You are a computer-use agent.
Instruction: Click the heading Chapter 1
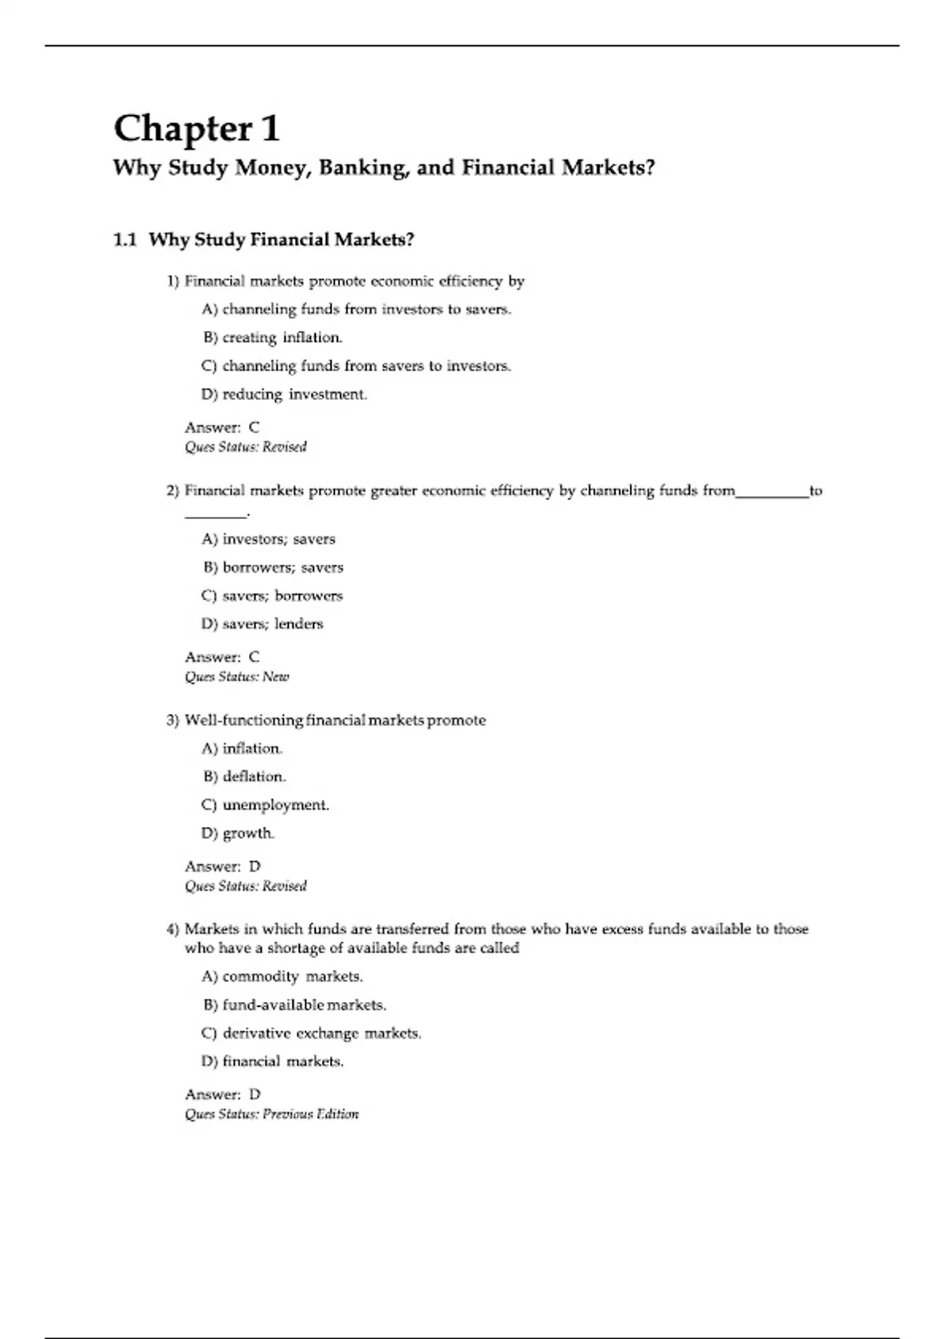tap(197, 128)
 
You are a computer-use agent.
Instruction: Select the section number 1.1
tap(125, 239)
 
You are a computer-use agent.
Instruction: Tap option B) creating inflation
tap(272, 338)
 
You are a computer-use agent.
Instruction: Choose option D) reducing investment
tap(284, 395)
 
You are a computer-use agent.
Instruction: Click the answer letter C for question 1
tap(254, 428)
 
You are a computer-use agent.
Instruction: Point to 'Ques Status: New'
tap(237, 677)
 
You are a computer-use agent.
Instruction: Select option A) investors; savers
tap(269, 540)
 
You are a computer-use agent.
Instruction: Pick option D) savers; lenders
tap(262, 624)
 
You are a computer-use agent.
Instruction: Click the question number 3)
tap(173, 721)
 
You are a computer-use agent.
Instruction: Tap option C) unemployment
tap(265, 805)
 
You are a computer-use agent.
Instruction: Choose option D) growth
tap(238, 833)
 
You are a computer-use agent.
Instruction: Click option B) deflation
tap(244, 777)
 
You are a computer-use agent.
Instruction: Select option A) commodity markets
tap(282, 977)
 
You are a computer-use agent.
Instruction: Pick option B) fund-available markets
tap(294, 1005)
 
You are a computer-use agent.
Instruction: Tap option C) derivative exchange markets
tap(311, 1033)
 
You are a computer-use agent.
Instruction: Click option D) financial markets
tap(272, 1062)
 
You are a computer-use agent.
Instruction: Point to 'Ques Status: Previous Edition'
tap(272, 1114)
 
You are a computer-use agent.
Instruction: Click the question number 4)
tap(173, 929)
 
